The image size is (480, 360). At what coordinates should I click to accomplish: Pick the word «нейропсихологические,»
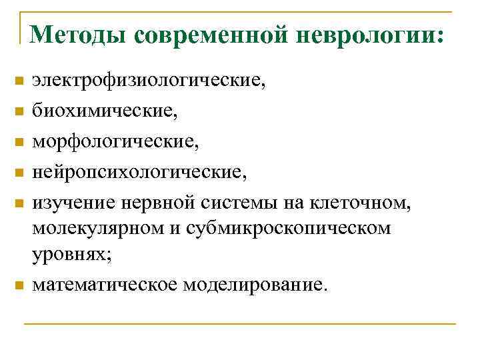[139, 172]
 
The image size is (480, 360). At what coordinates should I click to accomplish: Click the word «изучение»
[69, 203]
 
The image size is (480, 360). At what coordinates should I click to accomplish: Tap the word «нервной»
[143, 203]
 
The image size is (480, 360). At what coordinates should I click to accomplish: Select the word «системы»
[217, 203]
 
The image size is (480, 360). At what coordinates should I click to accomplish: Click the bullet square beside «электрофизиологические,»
[19, 81]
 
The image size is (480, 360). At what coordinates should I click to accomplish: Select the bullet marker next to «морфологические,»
[19, 143]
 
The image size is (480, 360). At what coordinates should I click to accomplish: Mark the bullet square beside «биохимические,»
[19, 112]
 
